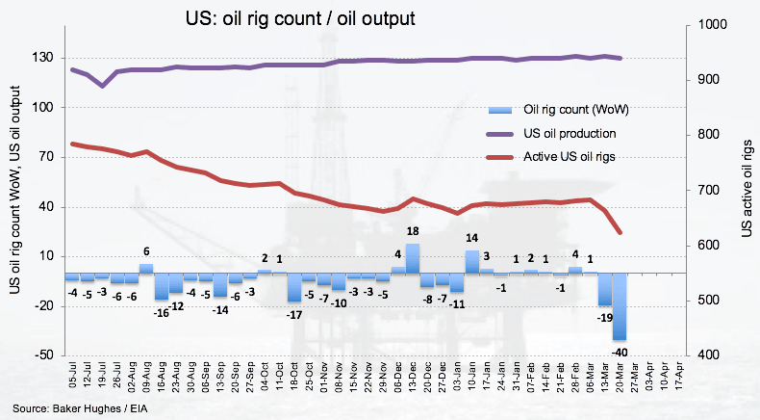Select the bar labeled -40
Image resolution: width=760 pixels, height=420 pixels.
click(x=620, y=305)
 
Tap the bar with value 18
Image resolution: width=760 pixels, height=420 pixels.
click(x=412, y=258)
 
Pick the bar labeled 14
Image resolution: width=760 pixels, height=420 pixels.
click(x=471, y=262)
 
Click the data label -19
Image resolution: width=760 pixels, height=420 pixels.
click(x=605, y=317)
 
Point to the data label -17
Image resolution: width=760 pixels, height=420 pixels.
click(x=293, y=313)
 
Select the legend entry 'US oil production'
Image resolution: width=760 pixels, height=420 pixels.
click(x=569, y=133)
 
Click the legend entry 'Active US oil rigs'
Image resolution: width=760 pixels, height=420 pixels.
click(x=569, y=156)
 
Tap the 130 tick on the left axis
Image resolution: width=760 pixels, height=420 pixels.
click(x=41, y=58)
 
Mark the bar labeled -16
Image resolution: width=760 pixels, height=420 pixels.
click(x=161, y=287)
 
